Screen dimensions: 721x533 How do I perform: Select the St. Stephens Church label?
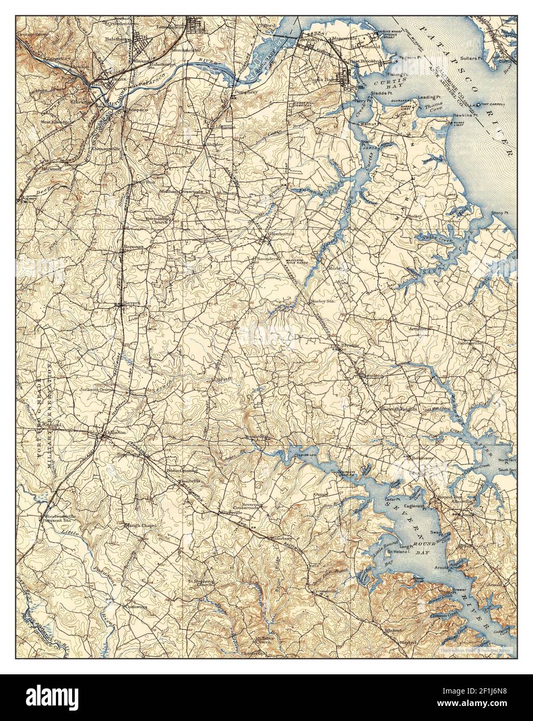coord(202,583)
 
